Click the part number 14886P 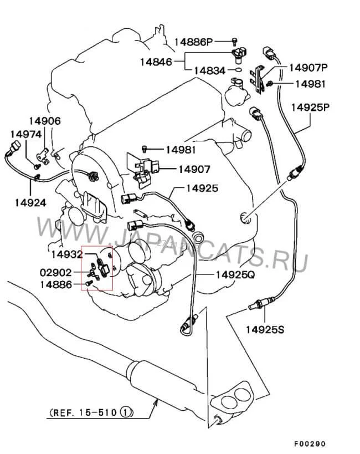tap(194, 42)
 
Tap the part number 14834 tap(209, 70)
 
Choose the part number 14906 tap(45, 121)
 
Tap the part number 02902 tap(54, 273)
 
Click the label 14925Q tap(235, 274)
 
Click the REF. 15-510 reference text tap(84, 412)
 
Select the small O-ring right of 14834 tap(237, 70)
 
